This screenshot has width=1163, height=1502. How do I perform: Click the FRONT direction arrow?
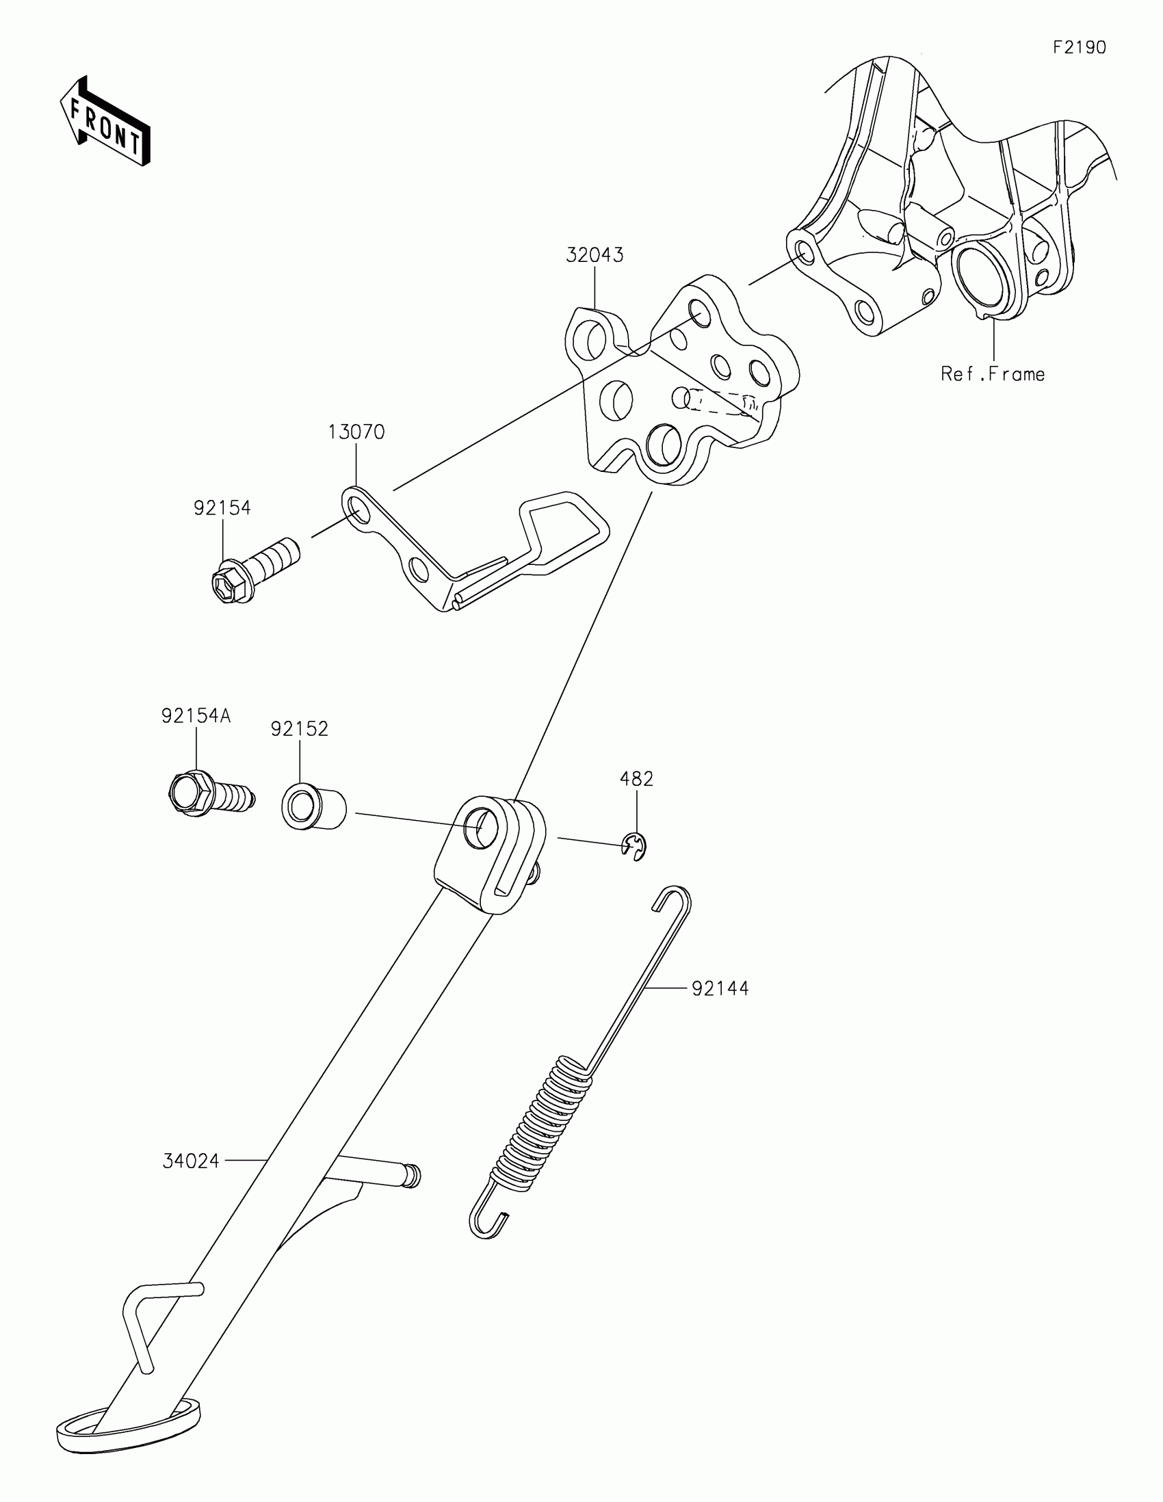click(105, 122)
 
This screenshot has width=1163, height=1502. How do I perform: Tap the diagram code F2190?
click(1079, 47)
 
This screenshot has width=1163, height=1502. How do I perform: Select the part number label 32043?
click(594, 255)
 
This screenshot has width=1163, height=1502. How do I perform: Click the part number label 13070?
click(356, 432)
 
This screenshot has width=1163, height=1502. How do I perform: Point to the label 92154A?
click(196, 716)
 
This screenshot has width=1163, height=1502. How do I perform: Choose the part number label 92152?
click(299, 729)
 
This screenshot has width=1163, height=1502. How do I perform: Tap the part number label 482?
click(636, 778)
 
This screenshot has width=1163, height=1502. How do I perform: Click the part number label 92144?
click(720, 988)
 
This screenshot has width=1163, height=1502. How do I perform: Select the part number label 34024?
click(191, 1161)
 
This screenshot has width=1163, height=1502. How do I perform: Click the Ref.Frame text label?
click(993, 374)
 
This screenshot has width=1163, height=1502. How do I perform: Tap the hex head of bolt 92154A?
click(187, 793)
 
